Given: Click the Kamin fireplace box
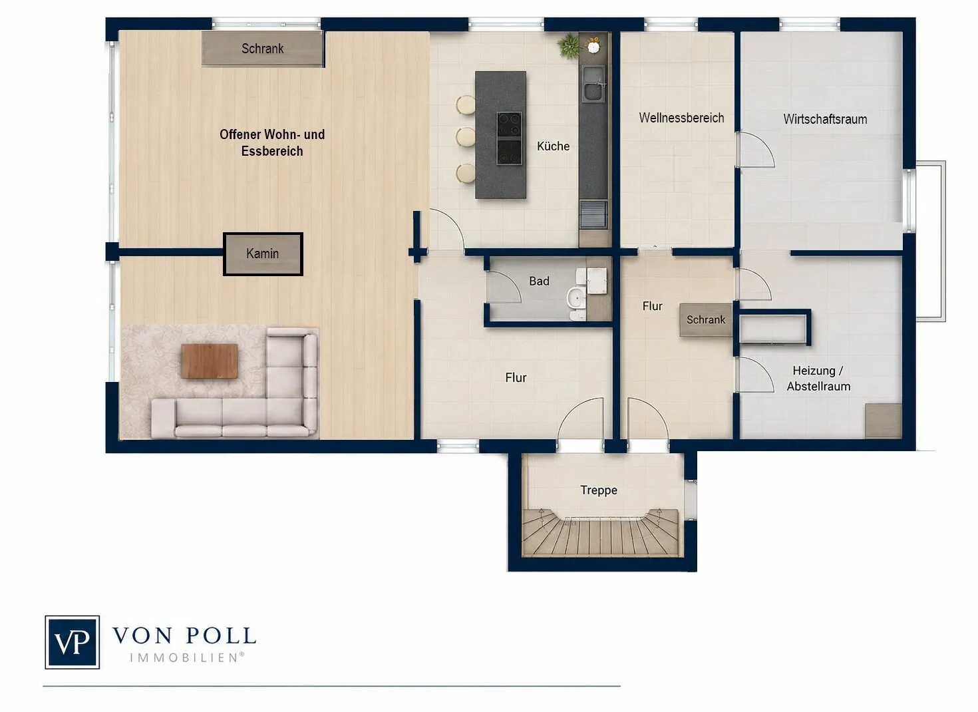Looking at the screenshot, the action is tap(263, 254).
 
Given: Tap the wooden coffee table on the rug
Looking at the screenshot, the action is tap(210, 361).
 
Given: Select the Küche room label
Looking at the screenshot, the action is tap(553, 146).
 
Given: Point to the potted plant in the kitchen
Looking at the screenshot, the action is tap(568, 45).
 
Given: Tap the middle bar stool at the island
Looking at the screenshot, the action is tap(466, 137).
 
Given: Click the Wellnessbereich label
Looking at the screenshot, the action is tap(681, 118).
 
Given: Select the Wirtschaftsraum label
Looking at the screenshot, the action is tap(825, 119).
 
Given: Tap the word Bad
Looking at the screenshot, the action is tap(539, 281).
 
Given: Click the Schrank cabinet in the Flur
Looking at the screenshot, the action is tap(706, 320).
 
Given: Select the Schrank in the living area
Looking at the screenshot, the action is tap(262, 49).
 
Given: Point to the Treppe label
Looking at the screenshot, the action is tap(599, 490).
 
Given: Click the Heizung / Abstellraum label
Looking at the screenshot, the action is tap(818, 378).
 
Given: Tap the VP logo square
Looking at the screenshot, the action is tap(72, 642).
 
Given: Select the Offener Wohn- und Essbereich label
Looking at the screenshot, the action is tap(272, 142).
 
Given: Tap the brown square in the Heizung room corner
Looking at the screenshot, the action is tap(884, 421).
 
